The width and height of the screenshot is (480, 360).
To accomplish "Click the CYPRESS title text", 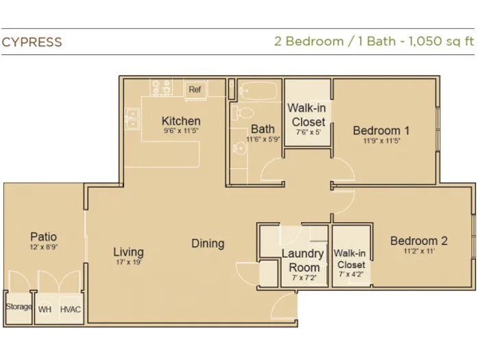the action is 32,42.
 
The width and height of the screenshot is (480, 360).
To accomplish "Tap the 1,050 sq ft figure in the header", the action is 441,41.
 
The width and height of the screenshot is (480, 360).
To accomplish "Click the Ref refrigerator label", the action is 195,89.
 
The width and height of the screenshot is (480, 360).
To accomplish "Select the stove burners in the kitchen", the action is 161,87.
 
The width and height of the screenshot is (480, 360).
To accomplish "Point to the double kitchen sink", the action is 132,119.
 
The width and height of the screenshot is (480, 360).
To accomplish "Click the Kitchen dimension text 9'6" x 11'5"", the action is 181,131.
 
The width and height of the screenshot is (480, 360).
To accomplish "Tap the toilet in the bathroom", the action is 242,112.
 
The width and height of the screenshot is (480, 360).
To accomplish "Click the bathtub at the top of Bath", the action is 259,91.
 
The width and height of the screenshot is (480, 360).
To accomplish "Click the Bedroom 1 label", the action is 381,131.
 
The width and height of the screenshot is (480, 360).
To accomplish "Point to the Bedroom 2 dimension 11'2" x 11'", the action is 419,252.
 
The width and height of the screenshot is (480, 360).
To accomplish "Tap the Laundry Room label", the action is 303,261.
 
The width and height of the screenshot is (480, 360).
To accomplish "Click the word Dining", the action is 208,243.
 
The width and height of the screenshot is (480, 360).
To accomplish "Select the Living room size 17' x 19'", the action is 129,262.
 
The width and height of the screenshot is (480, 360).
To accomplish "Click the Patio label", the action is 43,237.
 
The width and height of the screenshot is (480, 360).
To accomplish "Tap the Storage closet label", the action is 19,307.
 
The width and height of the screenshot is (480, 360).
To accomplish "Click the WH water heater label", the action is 45,309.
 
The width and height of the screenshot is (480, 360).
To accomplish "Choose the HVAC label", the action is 71,309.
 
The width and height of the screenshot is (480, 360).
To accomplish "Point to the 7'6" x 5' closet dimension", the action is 309,132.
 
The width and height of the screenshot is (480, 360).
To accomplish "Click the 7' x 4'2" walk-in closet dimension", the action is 351,274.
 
